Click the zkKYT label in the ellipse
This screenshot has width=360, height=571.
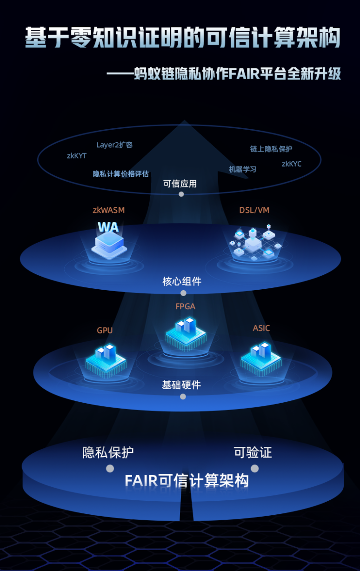coord(77,156)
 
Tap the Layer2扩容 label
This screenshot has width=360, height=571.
coord(114,145)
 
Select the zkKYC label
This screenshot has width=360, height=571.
coord(292,164)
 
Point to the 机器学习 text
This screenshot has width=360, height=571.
coord(242,169)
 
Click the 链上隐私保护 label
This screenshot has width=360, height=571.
coord(271,149)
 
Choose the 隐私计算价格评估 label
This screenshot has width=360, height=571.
coord(120,174)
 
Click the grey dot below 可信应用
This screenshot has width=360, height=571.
coord(181,194)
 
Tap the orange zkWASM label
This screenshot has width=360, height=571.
coord(109,210)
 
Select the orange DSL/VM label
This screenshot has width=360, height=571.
coord(254,210)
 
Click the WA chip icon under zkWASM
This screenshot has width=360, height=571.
coord(109,241)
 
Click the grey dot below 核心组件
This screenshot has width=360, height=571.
coord(183,293)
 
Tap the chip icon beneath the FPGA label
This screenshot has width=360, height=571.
coord(186,333)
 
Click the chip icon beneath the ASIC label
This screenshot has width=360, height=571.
coord(261,359)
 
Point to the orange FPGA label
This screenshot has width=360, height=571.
coord(186,306)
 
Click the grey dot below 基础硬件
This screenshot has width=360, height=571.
coord(183,397)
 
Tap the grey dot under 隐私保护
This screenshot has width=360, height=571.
coord(110,469)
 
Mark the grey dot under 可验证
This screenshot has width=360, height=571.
coord(255,469)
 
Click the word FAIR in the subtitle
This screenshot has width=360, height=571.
coord(244,74)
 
